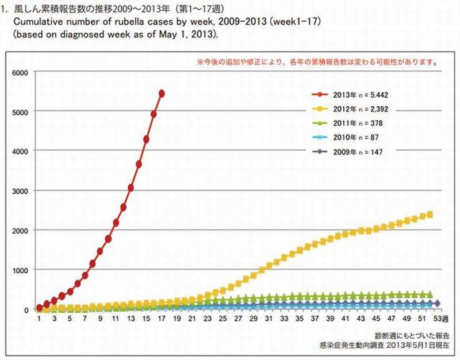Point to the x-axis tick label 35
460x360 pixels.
(x=299, y=320)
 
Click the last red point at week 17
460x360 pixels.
(x=162, y=93)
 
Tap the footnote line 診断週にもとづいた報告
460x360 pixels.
(x=409, y=335)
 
